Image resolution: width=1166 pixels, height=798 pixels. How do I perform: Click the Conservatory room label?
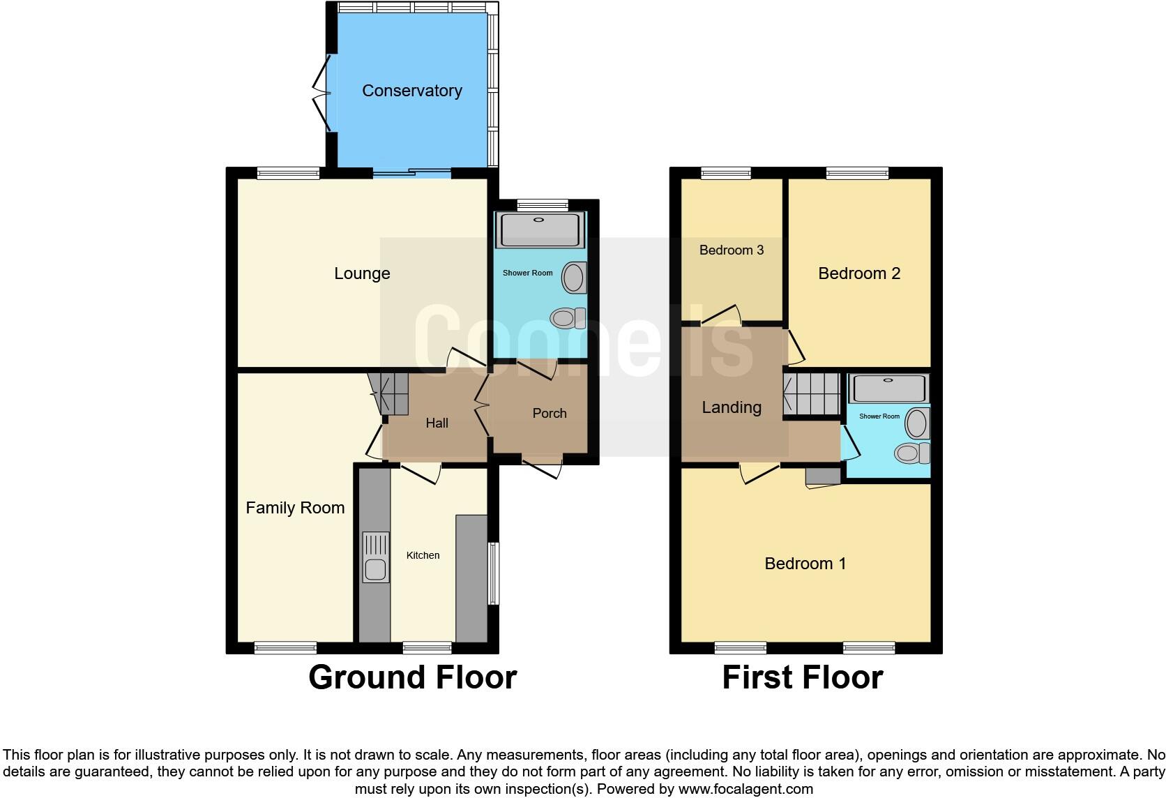pos(411,91)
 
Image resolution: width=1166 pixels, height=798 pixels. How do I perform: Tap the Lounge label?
pos(361,273)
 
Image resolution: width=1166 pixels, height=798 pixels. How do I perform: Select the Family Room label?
pos(295,508)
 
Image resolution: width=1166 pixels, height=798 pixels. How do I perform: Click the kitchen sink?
pos(375,569)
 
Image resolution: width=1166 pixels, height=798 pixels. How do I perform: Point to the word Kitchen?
pos(423,555)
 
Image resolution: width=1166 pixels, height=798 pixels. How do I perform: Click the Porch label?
pos(549,413)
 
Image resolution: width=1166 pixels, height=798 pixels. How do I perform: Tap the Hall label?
pos(437,423)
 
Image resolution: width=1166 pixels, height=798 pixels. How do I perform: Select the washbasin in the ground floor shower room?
pos(574,278)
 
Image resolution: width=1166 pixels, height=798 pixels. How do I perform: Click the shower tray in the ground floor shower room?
pos(538,230)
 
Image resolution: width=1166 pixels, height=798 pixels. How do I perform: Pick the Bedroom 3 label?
pos(731,250)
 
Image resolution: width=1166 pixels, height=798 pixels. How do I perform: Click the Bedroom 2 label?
pos(858,273)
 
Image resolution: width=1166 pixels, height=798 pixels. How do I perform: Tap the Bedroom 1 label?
pos(805,564)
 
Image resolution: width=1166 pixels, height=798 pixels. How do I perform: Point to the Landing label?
pos(731,407)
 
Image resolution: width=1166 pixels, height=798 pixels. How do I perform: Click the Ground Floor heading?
pos(412,677)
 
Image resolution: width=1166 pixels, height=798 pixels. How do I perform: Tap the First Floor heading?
pos(802,677)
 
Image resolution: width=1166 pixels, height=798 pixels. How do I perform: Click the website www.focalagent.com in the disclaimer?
pos(745,789)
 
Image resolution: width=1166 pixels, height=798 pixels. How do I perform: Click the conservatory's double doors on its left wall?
pos(322,91)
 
